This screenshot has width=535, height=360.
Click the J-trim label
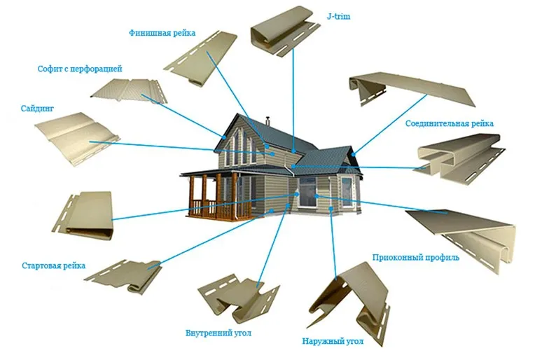(338, 16)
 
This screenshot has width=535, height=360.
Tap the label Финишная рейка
(162, 33)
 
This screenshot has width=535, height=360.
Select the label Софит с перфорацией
(80, 69)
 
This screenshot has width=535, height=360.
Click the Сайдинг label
(37, 109)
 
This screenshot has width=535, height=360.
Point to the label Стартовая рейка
(53, 266)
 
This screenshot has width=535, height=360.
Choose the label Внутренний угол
(218, 333)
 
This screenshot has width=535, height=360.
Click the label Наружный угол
(333, 341)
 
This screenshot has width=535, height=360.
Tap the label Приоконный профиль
(415, 257)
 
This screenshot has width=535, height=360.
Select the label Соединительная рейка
(450, 123)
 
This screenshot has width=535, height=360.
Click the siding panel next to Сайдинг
(77, 139)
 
